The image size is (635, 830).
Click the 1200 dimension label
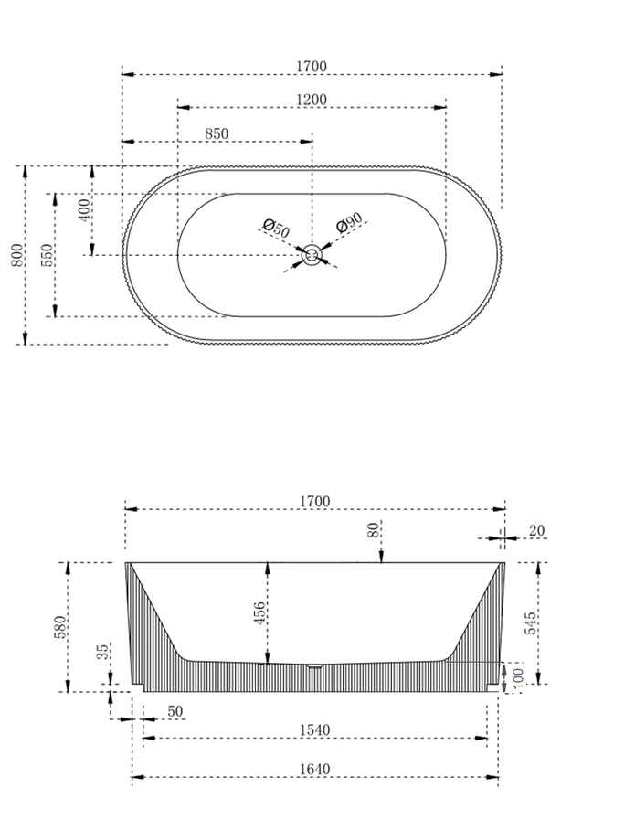(x=312, y=99)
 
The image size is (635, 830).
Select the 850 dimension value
(x=217, y=133)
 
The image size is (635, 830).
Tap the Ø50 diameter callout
(x=275, y=228)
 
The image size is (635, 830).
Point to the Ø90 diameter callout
(x=349, y=224)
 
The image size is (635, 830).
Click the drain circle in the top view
(x=312, y=255)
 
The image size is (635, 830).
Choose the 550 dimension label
(x=48, y=255)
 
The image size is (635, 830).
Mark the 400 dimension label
(x=85, y=210)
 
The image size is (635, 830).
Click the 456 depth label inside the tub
(x=259, y=613)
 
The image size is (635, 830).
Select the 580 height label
(x=60, y=627)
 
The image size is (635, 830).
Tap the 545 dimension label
(x=531, y=622)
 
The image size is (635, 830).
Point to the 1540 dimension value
(x=313, y=730)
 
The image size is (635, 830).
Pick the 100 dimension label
(x=517, y=677)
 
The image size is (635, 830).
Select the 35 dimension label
(x=103, y=651)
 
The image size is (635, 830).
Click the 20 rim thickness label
(x=535, y=530)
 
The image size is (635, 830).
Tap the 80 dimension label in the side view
(x=373, y=529)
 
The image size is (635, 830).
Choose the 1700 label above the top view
(x=312, y=67)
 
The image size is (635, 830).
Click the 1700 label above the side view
(x=313, y=501)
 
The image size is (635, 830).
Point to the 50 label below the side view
(x=175, y=711)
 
